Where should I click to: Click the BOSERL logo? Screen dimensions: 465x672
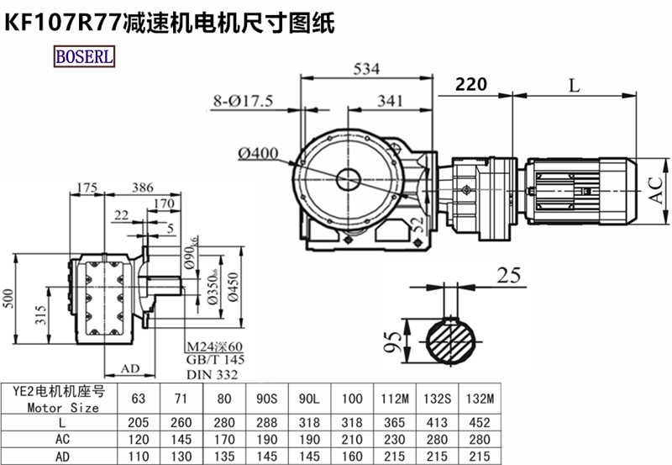pos(86,56)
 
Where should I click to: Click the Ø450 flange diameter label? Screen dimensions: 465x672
pos(233,290)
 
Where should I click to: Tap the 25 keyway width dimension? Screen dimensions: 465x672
pos(508,275)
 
